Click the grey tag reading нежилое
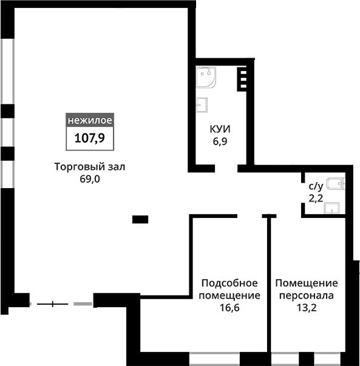[90, 120]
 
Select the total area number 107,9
[90, 138]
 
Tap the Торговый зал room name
[90, 167]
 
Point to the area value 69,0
[90, 179]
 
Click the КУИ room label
[220, 129]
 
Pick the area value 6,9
[220, 141]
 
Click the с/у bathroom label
[316, 186]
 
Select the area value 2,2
[316, 198]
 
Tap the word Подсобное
[229, 283]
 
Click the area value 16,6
[229, 308]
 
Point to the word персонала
[307, 296]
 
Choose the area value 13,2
[307, 308]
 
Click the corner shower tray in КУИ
[206, 77]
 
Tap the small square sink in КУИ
[202, 105]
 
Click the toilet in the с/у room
[336, 183]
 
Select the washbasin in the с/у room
[331, 208]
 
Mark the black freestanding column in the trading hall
[140, 219]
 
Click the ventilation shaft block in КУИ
[242, 80]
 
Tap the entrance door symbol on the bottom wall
[53, 304]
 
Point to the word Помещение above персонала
[307, 283]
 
